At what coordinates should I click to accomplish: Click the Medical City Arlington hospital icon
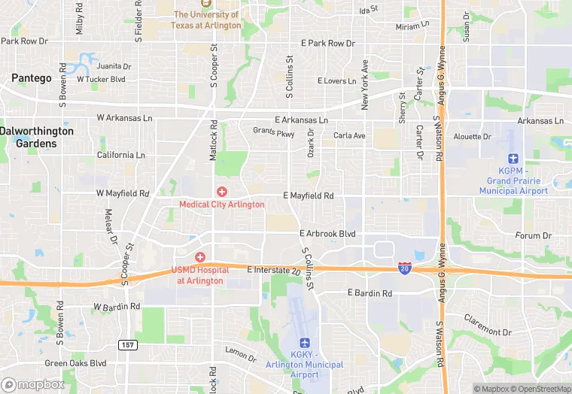(222, 192)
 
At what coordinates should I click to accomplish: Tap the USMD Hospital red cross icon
(200, 257)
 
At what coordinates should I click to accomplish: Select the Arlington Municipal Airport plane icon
(306, 342)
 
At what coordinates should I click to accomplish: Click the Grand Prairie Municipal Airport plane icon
(514, 159)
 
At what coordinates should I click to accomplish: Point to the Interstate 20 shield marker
(405, 267)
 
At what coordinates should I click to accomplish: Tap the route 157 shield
(126, 344)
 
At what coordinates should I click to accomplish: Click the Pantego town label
(31, 77)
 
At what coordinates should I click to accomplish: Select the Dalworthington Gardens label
(37, 136)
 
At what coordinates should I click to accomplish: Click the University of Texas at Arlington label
(208, 20)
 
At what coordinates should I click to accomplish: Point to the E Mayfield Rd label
(308, 195)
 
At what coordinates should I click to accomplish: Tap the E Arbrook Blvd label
(327, 234)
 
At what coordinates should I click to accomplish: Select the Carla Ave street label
(349, 136)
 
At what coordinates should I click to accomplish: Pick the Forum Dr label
(534, 235)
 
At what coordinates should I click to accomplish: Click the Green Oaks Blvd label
(75, 363)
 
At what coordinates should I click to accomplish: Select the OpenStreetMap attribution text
(540, 389)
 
